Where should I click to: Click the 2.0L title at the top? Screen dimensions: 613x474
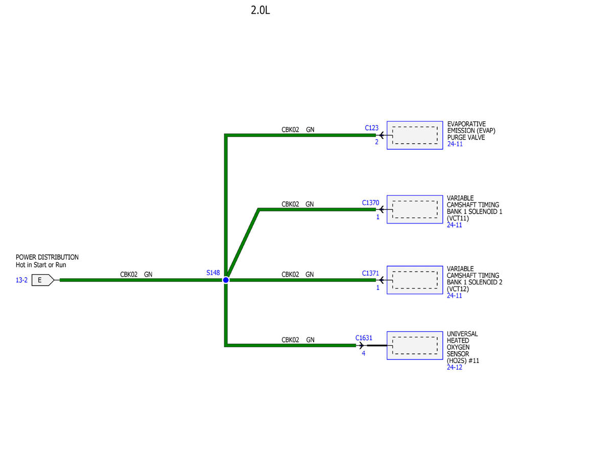tap(260, 10)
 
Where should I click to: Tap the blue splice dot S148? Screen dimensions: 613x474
tap(226, 280)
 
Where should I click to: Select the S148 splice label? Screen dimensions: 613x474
tap(213, 273)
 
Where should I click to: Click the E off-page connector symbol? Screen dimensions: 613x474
tap(42, 280)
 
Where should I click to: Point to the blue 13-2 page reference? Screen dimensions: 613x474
tap(22, 280)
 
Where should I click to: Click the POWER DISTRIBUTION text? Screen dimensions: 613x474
tap(47, 257)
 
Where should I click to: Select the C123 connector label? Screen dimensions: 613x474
tap(371, 128)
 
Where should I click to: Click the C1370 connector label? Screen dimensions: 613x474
tap(370, 202)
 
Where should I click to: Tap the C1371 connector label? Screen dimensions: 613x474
tap(370, 273)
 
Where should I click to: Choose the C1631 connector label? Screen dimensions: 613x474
tap(364, 338)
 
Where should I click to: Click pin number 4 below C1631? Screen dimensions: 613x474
tap(363, 353)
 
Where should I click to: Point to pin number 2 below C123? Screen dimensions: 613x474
tap(376, 142)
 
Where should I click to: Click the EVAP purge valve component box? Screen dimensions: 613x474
tap(414, 135)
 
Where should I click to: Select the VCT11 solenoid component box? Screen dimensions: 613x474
tap(414, 210)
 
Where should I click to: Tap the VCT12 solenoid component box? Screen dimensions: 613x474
tap(414, 280)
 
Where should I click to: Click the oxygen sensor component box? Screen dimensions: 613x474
tap(414, 346)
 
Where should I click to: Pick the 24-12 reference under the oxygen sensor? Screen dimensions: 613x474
tap(454, 367)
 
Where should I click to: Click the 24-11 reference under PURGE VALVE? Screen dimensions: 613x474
tap(455, 144)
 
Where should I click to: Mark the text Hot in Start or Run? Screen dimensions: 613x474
tap(41, 265)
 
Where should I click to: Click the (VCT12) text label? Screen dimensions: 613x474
tap(458, 289)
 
